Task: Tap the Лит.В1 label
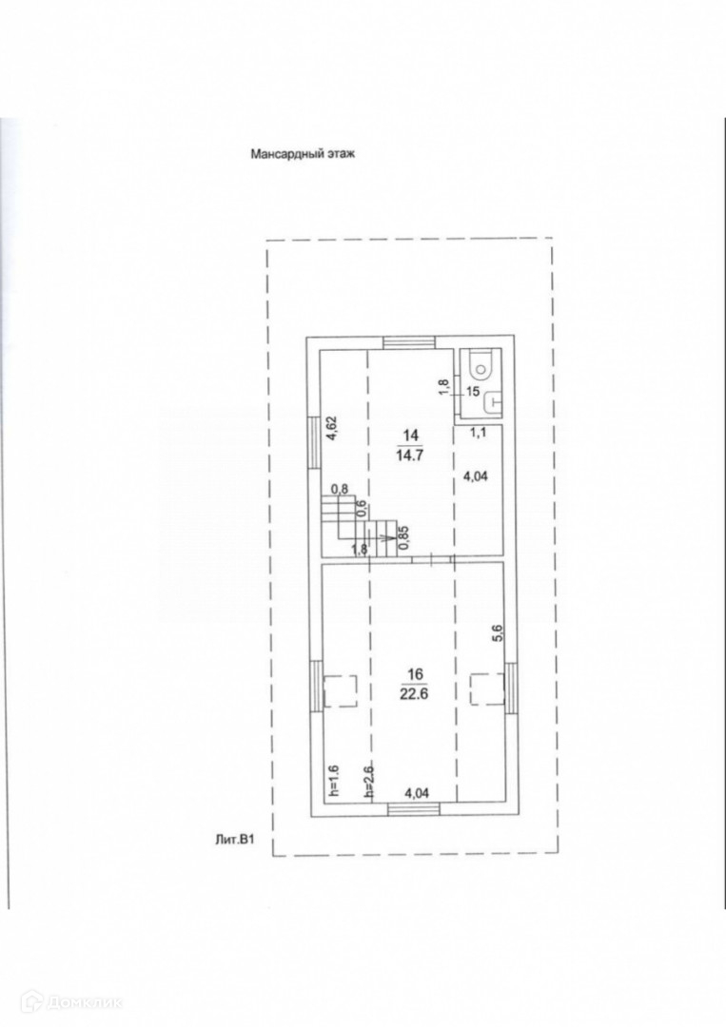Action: [x=237, y=838]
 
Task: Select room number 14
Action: [x=410, y=436]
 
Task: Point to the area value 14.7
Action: [x=410, y=455]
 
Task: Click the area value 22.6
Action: [x=414, y=691]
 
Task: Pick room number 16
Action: [x=414, y=674]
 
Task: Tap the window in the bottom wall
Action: [x=414, y=809]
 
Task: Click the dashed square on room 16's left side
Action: [x=340, y=691]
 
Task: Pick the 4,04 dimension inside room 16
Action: [x=420, y=791]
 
